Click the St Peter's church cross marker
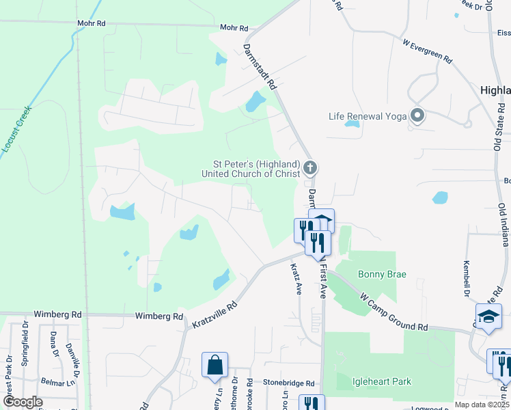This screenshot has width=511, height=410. tap(310, 167)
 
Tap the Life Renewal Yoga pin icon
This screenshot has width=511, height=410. tap(417, 115)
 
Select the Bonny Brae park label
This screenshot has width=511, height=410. tap(382, 274)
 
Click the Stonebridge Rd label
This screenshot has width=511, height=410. tap(289, 384)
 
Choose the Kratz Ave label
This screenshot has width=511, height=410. tap(296, 279)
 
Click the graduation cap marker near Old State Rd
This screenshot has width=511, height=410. tap(488, 316)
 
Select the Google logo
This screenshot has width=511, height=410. tap(22, 402)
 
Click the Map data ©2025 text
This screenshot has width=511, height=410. tap(481, 405)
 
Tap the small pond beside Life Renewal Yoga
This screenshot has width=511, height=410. tap(352, 124)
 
